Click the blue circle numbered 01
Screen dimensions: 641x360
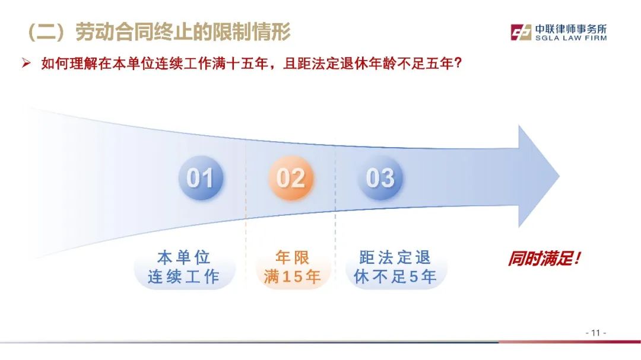[x=201, y=178]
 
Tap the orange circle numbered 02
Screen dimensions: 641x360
[x=291, y=178]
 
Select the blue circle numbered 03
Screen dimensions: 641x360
[x=380, y=178]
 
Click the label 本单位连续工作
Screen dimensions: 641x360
[x=184, y=267]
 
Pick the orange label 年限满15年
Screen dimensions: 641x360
[x=292, y=267]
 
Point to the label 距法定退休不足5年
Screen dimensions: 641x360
[x=395, y=267]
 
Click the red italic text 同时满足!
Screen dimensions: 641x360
[x=544, y=259]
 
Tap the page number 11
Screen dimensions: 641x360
[x=596, y=333]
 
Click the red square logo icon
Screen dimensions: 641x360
[x=521, y=32]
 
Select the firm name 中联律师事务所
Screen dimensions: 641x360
[x=571, y=29]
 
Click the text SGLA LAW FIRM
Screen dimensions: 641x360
[x=571, y=38]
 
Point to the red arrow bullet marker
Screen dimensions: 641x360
[x=26, y=63]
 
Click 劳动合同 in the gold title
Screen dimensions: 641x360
[x=115, y=32]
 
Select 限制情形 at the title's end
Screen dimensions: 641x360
[x=251, y=32]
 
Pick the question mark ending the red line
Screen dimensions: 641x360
[x=458, y=63]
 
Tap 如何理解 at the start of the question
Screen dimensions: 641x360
[x=69, y=63]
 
